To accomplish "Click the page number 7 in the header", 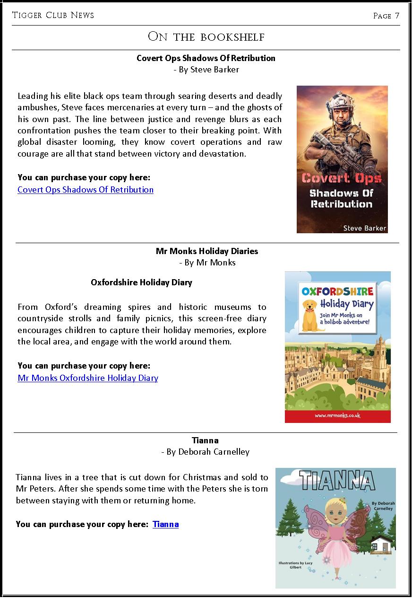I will [x=397, y=16].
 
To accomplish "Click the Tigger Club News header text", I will [x=53, y=15].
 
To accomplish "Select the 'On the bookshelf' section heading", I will [x=206, y=37].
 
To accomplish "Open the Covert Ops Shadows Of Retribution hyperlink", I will [x=86, y=190].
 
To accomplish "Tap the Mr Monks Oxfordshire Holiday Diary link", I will [x=88, y=378].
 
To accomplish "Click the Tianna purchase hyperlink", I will [x=165, y=524].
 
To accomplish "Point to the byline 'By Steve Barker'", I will [x=206, y=70].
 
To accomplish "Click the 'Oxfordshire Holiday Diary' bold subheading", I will [x=141, y=282].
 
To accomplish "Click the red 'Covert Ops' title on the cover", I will [x=341, y=178].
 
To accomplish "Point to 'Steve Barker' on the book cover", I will [x=365, y=228].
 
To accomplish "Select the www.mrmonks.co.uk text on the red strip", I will [x=337, y=415].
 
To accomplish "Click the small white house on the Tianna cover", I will [x=381, y=544].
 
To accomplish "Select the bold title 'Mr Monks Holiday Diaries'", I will [x=207, y=251].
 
